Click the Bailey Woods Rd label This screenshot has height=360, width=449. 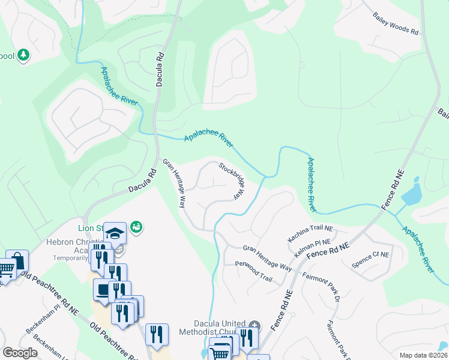395,25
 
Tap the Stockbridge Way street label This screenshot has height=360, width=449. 232,180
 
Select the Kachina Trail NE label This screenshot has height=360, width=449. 310,234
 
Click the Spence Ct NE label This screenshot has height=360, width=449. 370,259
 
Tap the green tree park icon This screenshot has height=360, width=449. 23,55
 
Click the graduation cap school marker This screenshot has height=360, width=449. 115,232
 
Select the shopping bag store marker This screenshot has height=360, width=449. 17,261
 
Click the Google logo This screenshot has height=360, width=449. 20,353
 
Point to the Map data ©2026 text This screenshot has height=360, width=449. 423,355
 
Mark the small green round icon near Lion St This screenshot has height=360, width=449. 136,226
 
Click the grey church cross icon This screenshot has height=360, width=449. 255,326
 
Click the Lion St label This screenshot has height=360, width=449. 90,228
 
